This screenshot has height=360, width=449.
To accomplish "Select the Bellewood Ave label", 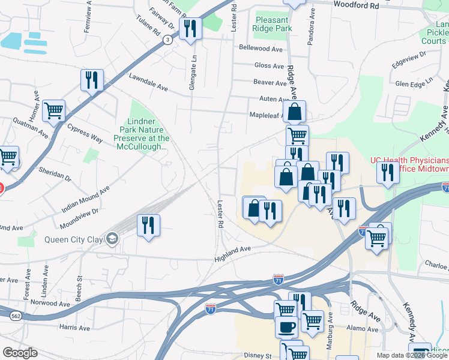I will pyautogui.click(x=261, y=47).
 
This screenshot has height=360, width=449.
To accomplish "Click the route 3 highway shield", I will pyautogui.click(x=166, y=39).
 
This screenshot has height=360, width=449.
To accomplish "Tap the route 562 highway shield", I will pyautogui.click(x=16, y=316).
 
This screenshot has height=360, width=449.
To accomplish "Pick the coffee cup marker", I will pyautogui.click(x=286, y=326).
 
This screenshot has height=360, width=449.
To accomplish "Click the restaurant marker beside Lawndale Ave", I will pyautogui.click(x=92, y=79).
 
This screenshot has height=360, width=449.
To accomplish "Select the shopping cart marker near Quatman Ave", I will pyautogui.click(x=54, y=110).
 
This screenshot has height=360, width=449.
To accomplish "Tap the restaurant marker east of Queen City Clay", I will pyautogui.click(x=148, y=225).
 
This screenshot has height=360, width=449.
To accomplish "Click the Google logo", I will pyautogui.click(x=20, y=353).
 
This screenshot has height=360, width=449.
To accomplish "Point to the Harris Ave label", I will pyautogui.click(x=74, y=328).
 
